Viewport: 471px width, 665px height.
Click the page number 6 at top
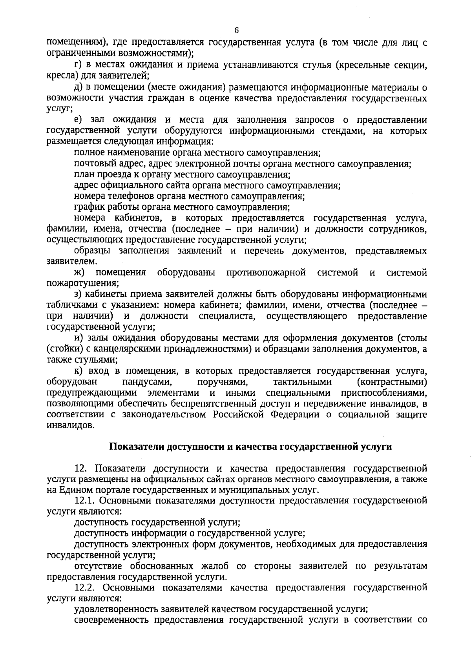point(236,31)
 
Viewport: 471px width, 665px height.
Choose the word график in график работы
point(87,207)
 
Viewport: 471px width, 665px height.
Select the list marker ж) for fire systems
point(80,272)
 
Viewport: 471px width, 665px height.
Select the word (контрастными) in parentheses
point(392,381)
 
